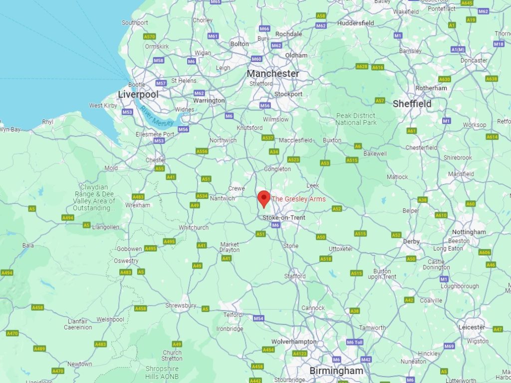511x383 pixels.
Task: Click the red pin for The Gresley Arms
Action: click(x=263, y=198)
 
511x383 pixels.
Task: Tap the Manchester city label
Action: click(x=274, y=73)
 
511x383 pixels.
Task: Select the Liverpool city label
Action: click(x=138, y=94)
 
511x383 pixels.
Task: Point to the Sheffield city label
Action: click(x=412, y=104)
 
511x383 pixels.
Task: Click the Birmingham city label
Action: click(x=336, y=371)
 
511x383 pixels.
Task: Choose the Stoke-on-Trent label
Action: click(x=284, y=217)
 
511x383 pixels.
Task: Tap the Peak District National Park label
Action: click(x=355, y=119)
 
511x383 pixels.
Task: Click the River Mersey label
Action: click(x=157, y=116)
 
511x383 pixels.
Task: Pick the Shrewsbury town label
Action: click(x=181, y=305)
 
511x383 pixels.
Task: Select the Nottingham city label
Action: click(x=469, y=232)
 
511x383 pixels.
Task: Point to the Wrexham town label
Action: click(x=137, y=205)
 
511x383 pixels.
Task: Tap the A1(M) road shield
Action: click(x=458, y=49)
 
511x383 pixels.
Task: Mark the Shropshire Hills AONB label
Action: click(x=162, y=372)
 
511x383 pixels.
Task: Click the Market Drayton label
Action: click(x=230, y=247)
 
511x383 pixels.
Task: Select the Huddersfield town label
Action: click(x=355, y=23)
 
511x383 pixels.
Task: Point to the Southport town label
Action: click(x=135, y=22)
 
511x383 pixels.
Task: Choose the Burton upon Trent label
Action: click(x=382, y=273)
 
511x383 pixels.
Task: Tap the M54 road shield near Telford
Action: click(x=258, y=318)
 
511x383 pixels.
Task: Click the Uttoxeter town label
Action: click(x=341, y=248)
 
